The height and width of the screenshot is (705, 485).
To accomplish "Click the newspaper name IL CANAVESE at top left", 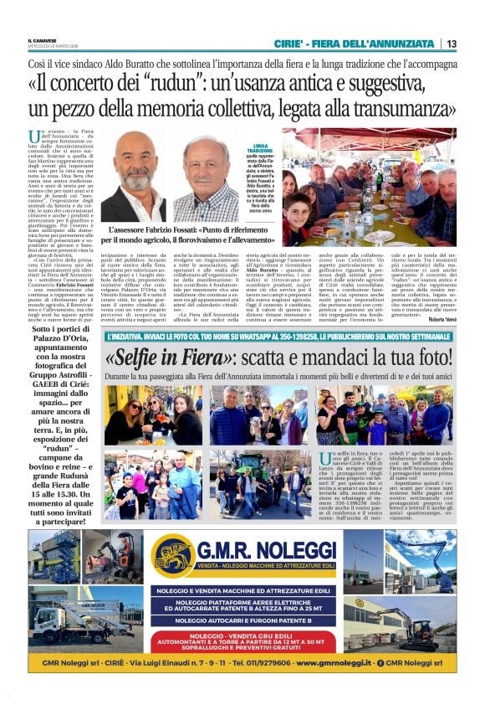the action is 42,38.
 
